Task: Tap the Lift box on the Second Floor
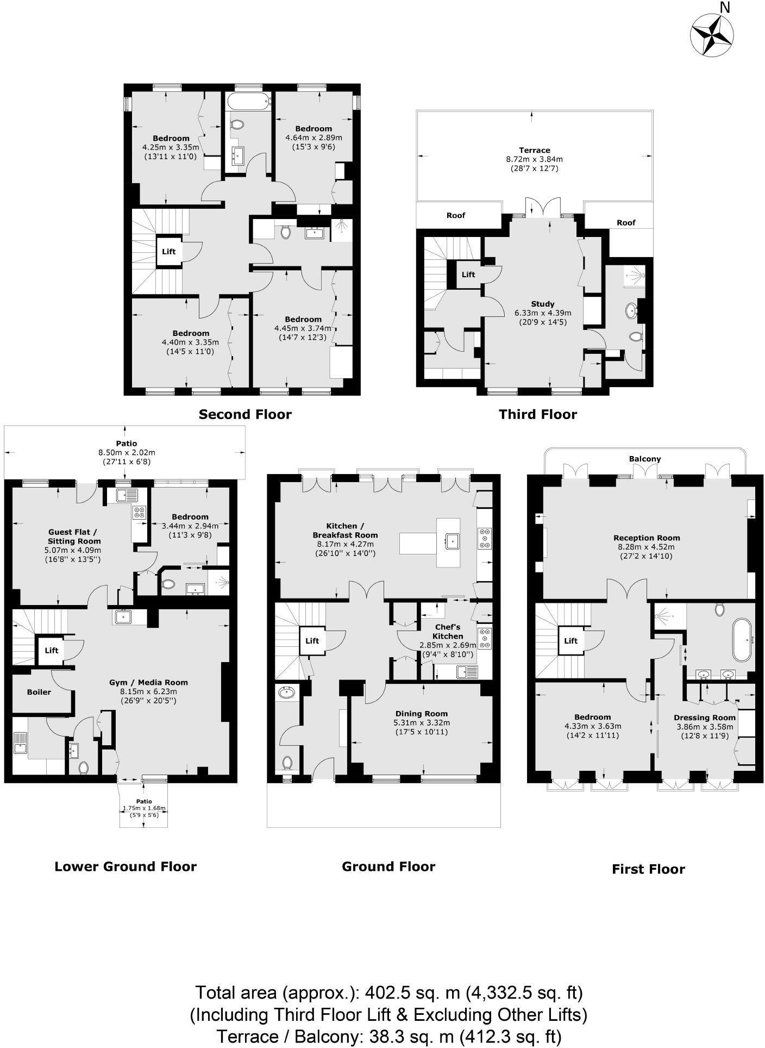click(169, 251)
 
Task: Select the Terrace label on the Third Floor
click(535, 150)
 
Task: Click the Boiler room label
click(39, 692)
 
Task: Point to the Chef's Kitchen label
click(448, 632)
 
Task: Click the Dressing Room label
click(704, 718)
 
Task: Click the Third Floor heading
click(538, 415)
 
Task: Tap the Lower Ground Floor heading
click(126, 866)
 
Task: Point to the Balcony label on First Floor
click(645, 459)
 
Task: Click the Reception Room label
click(647, 538)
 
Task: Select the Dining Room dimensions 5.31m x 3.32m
click(422, 723)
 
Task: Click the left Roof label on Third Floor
click(456, 215)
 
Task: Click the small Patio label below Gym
click(144, 801)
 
